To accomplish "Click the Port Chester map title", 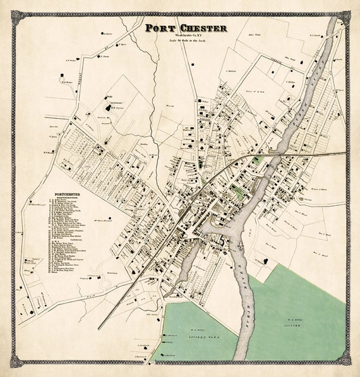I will [x=186, y=28].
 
